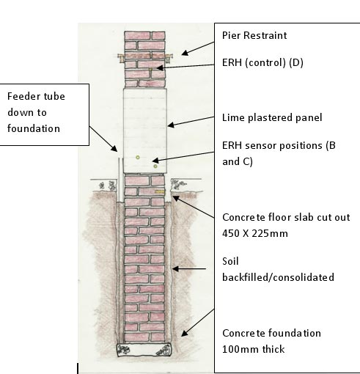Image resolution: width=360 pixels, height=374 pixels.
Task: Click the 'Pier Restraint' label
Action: pos(254,35)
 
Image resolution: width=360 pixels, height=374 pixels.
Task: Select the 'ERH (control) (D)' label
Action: pos(262,63)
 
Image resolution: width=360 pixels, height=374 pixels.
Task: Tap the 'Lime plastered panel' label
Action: pos(272,117)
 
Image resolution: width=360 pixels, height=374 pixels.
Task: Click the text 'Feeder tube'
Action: pos(36,96)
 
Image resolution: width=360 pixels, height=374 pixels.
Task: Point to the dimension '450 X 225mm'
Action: pos(255,233)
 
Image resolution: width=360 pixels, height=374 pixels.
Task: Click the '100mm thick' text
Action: pos(254,349)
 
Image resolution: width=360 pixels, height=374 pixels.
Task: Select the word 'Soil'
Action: pos(230,261)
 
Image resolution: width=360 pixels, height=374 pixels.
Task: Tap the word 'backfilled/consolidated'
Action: pos(278,277)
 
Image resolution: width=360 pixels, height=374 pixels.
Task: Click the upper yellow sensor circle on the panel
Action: pos(138,158)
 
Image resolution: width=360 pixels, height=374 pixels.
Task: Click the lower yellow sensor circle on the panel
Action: pos(155,166)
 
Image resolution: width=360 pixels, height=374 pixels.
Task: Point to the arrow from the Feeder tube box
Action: pos(103,139)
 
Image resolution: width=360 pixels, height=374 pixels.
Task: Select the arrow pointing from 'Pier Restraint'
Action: pos(198,48)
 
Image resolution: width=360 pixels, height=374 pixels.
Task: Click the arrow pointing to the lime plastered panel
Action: pos(191,122)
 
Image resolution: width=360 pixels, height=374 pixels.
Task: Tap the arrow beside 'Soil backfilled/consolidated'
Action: pos(189,268)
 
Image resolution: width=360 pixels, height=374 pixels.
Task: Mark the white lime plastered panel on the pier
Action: pos(145,131)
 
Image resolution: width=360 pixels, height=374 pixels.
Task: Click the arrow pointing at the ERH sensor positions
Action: pos(183,157)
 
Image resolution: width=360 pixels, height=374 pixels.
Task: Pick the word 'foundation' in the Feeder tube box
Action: pos(34,128)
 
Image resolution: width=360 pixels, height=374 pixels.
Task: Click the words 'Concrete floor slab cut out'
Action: pos(286,217)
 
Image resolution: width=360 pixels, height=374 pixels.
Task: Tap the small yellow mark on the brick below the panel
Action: pos(159,192)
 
